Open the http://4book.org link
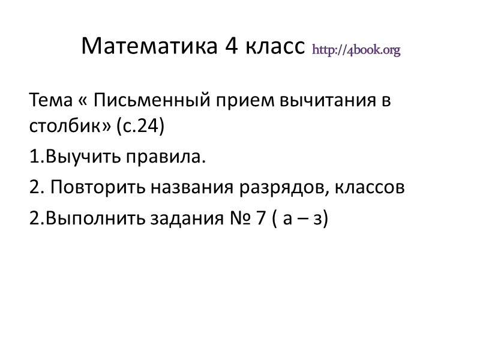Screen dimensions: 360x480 point(356,49)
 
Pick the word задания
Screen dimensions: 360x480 point(191,219)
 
